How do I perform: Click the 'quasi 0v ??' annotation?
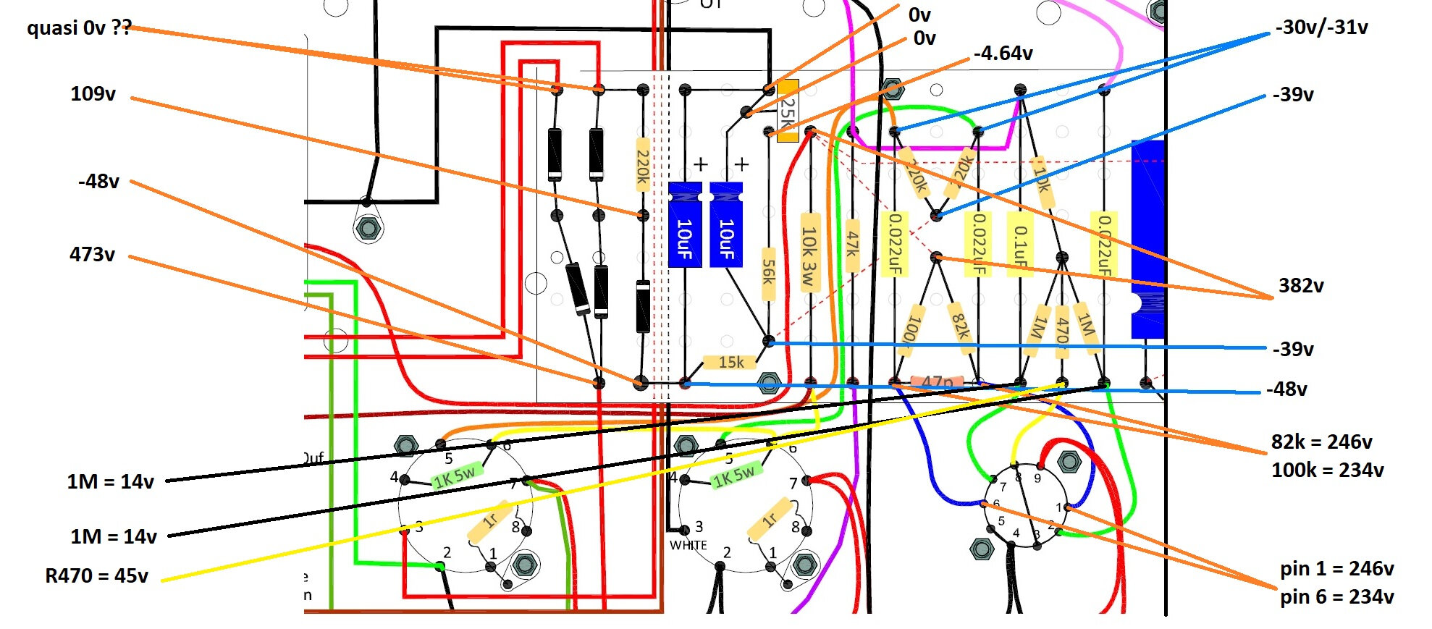79,28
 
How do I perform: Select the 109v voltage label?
93,94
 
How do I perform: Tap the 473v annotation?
92,255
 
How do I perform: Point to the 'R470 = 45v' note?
96,576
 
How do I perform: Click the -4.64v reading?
1003,54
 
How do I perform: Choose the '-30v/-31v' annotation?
1321,28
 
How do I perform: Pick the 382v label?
1301,286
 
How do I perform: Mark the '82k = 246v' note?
1321,442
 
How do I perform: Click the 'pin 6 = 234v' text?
1336,597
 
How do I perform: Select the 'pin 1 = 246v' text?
1336,569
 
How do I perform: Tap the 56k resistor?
768,274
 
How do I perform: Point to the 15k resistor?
730,362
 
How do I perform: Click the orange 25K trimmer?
788,111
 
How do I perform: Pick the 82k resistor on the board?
960,324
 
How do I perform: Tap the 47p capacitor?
937,381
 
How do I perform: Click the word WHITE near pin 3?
688,545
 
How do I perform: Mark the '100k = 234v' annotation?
1327,470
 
